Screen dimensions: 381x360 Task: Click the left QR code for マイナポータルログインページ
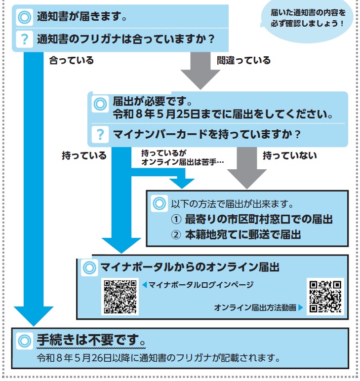pyautogui.click(x=120, y=297)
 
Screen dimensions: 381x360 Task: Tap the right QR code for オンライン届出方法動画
pyautogui.click(x=325, y=297)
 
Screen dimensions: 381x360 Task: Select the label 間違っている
pyautogui.click(x=244, y=61)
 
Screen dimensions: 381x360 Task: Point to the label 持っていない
pyautogui.click(x=289, y=155)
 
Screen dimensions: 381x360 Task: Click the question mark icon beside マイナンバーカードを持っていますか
pyautogui.click(x=100, y=134)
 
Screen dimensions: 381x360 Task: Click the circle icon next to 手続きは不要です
pyautogui.click(x=24, y=341)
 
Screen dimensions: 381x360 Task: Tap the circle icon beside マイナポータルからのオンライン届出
pyautogui.click(x=89, y=267)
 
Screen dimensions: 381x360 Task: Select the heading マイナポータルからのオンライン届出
pyautogui.click(x=190, y=267)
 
